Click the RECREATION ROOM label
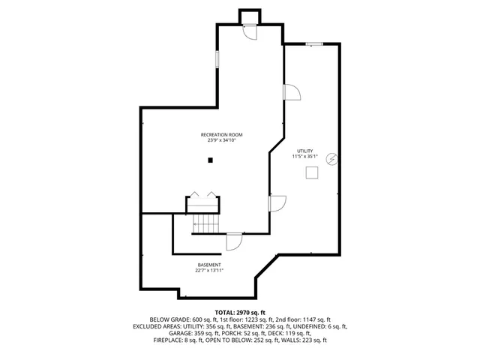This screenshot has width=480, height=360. click(x=226, y=135)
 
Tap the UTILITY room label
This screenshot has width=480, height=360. click(x=304, y=151)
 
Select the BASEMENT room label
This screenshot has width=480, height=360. click(x=209, y=265)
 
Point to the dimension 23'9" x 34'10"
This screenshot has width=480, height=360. click(x=226, y=141)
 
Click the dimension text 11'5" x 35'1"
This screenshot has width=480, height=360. click(x=304, y=157)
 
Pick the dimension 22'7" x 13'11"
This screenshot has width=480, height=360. click(x=209, y=271)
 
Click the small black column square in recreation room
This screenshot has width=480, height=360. click(x=211, y=160)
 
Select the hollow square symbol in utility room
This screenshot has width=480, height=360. click(x=311, y=173)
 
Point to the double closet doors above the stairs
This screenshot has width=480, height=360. click(x=202, y=196)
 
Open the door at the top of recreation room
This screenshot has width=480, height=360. click(x=250, y=30)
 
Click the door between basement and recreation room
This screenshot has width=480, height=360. click(x=233, y=241)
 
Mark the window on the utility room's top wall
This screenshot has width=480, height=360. click(x=314, y=44)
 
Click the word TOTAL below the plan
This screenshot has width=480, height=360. click(x=224, y=311)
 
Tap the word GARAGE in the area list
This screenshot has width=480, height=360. click(x=167, y=334)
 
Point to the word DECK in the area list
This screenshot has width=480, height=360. click(x=281, y=334)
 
